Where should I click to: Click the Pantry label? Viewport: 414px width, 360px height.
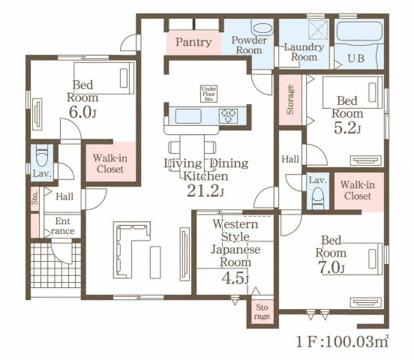[193, 42]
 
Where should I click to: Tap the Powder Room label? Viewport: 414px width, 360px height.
[249, 45]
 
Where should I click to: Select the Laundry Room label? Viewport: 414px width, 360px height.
[304, 52]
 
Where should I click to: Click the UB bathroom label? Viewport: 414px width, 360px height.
[356, 58]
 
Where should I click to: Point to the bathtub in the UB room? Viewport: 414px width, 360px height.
[359, 31]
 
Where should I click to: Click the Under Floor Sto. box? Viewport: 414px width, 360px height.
[208, 94]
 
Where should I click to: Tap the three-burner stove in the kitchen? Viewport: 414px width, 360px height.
[228, 116]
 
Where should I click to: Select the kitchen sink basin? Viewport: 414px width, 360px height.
[188, 116]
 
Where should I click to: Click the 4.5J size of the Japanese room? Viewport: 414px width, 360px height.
[235, 278]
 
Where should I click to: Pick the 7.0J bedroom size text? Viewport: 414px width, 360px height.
[331, 268]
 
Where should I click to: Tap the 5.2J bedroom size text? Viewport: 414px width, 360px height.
[347, 127]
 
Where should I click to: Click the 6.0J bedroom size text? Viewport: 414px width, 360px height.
[82, 112]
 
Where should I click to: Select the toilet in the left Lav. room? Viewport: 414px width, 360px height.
[42, 155]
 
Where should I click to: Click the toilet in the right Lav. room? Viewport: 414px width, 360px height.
[318, 198]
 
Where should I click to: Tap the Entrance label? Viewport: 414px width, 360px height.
[63, 226]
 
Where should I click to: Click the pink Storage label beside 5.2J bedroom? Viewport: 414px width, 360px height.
[290, 99]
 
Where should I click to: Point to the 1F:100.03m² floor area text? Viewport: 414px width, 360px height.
[343, 342]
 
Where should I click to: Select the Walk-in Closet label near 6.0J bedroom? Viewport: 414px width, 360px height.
[110, 163]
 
